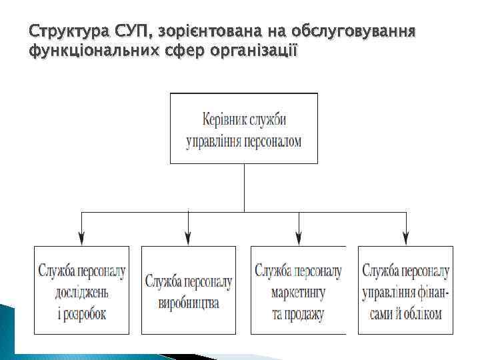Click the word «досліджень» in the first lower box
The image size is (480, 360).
[x=81, y=292]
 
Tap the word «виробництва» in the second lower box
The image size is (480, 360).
[x=189, y=303]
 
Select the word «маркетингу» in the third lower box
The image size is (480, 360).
[x=298, y=292]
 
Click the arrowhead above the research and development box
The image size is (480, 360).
[x=81, y=236]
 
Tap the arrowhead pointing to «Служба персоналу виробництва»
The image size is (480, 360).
[x=189, y=236]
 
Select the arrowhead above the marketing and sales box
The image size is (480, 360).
[x=298, y=236]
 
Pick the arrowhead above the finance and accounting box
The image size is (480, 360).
[x=405, y=236]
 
